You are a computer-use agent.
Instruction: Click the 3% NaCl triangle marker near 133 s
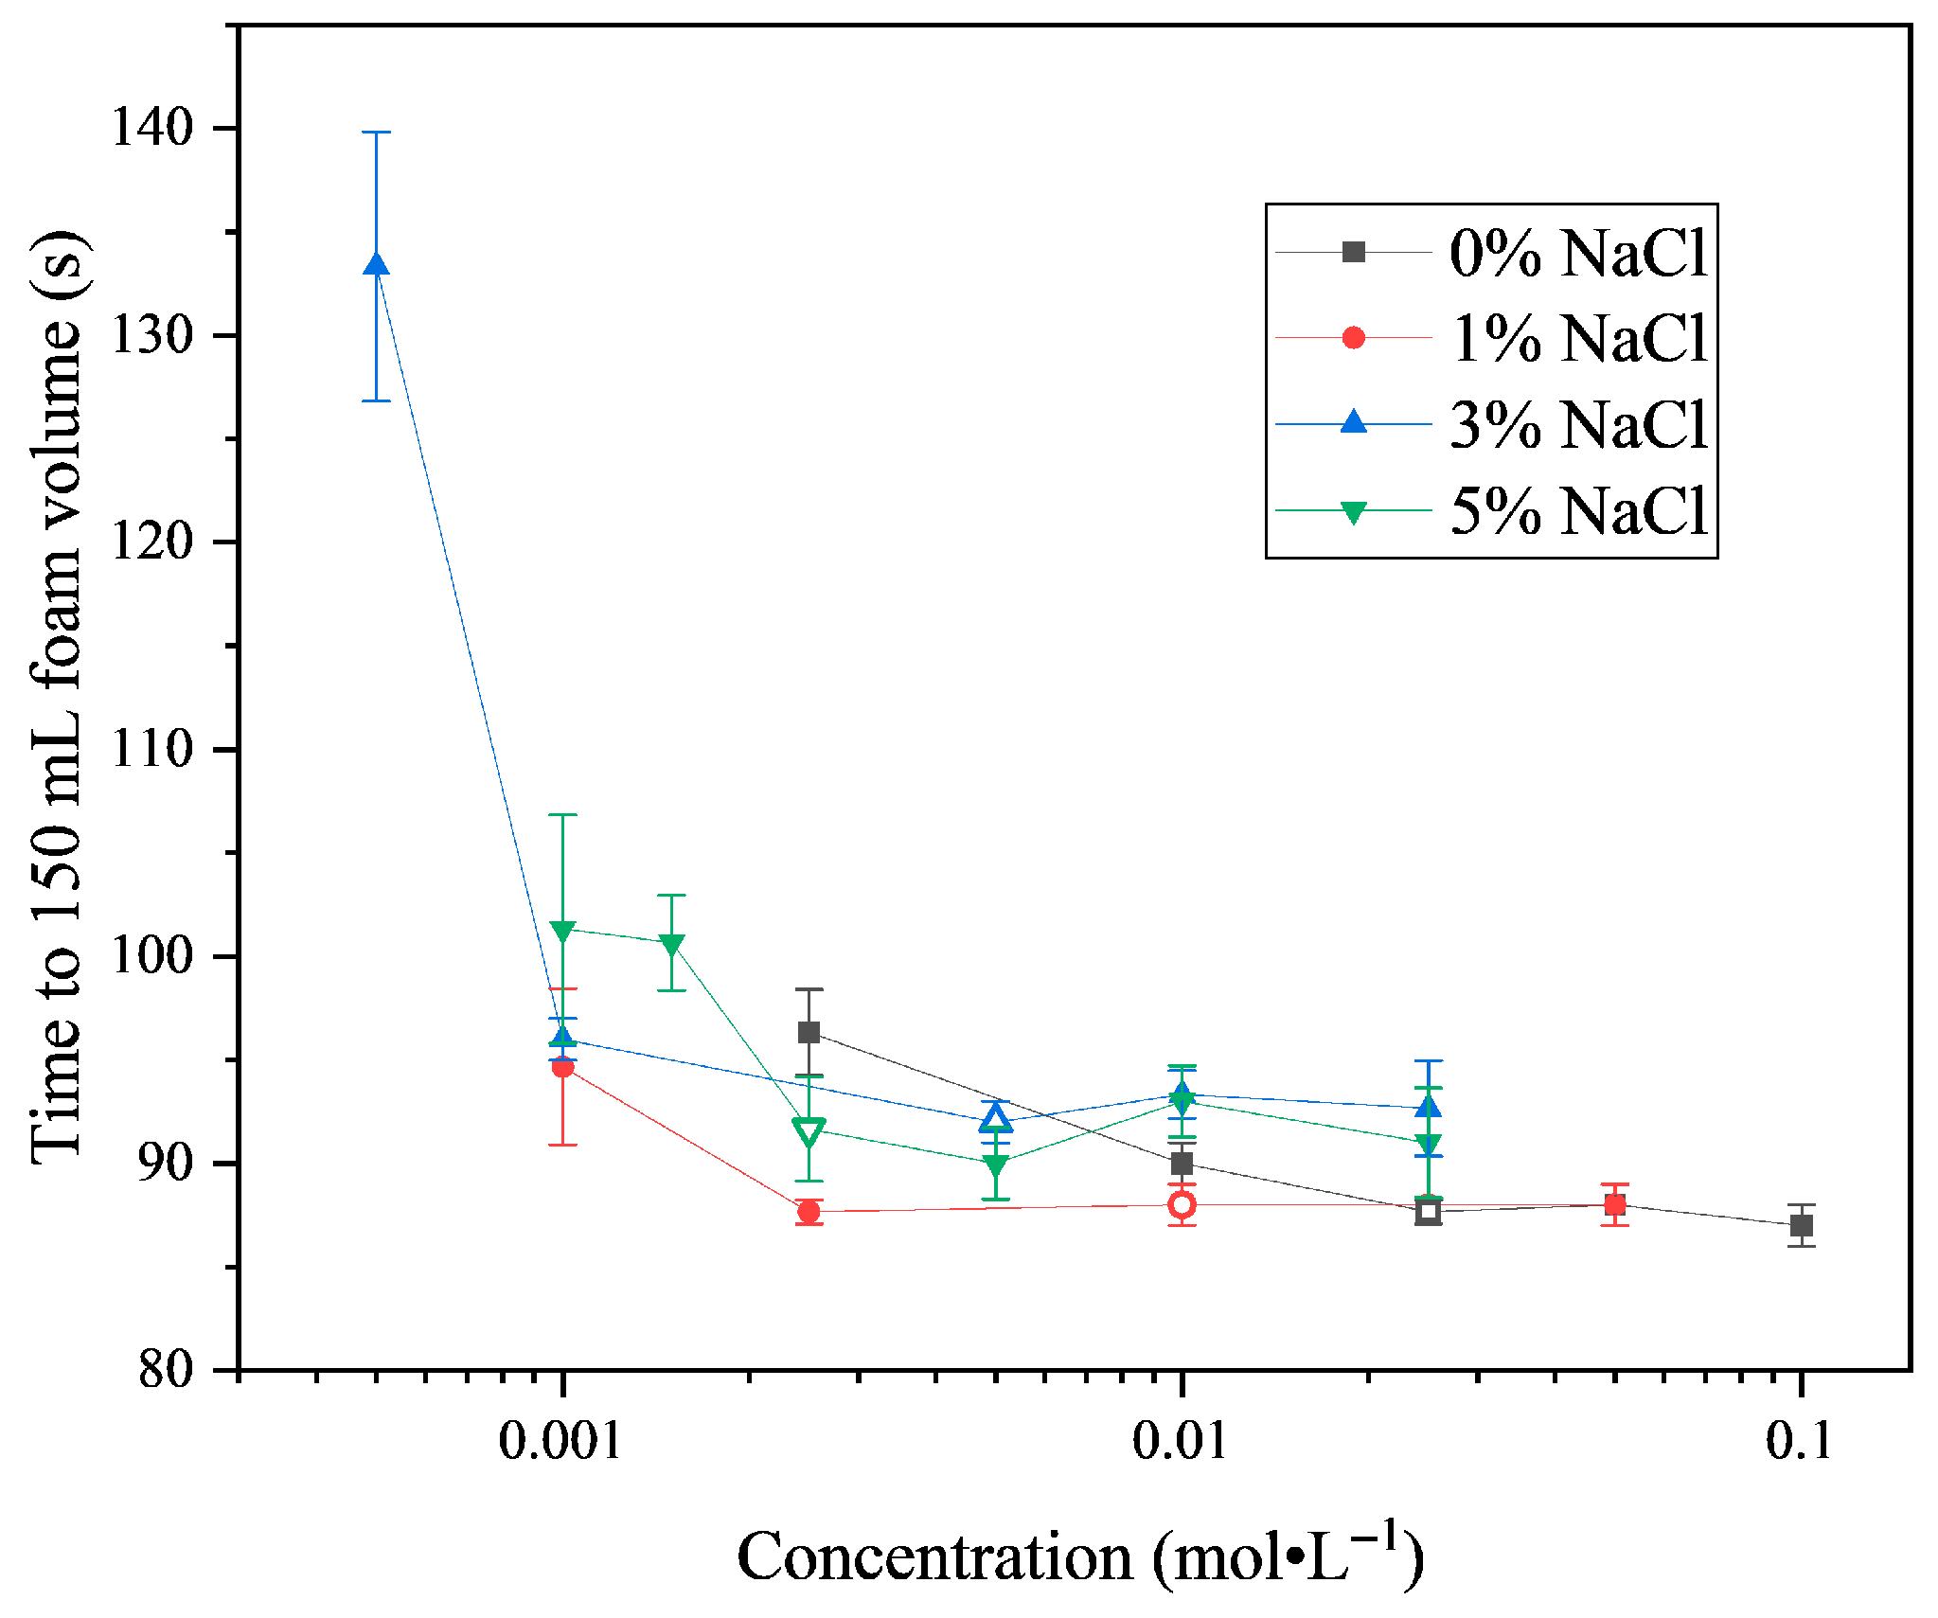coord(376,265)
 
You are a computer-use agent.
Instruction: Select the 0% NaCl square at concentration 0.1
coord(1802,1225)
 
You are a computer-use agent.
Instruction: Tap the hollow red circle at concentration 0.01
coord(1182,1204)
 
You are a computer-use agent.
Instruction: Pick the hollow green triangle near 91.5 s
coord(809,1131)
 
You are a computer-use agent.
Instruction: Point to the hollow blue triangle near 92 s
coord(995,1119)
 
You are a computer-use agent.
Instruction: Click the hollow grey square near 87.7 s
coord(1429,1211)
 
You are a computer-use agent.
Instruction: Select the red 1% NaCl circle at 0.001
coord(562,1067)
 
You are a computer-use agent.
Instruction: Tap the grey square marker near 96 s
coord(809,1032)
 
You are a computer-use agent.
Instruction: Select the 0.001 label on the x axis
coord(560,1441)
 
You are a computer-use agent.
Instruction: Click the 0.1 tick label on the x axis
coord(1800,1441)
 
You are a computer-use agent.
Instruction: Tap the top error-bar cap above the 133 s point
coord(376,133)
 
